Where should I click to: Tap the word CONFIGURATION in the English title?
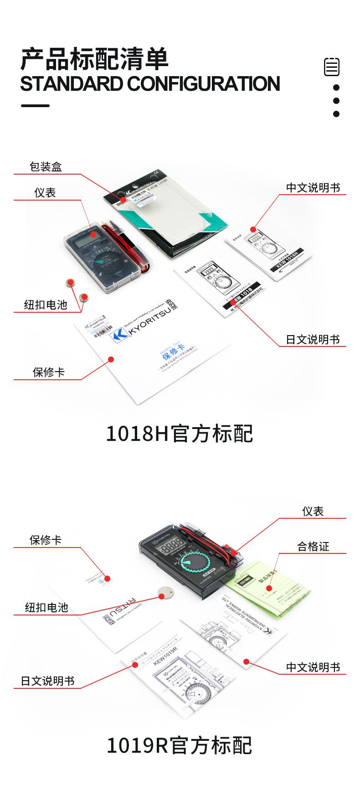[x=203, y=84]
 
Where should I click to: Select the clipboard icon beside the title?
[x=332, y=67]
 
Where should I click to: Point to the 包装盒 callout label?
[x=46, y=167]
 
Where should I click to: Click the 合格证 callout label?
[x=313, y=546]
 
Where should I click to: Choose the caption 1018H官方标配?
[x=180, y=434]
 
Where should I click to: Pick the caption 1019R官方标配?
[x=180, y=746]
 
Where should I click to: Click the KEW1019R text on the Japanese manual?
[x=165, y=660]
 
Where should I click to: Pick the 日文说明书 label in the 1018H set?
[x=313, y=340]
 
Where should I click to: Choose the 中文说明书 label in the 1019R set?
[x=313, y=667]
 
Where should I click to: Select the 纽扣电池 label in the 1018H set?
[x=46, y=305]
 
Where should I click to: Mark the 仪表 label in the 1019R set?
[x=313, y=512]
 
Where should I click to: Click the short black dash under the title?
[x=35, y=106]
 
